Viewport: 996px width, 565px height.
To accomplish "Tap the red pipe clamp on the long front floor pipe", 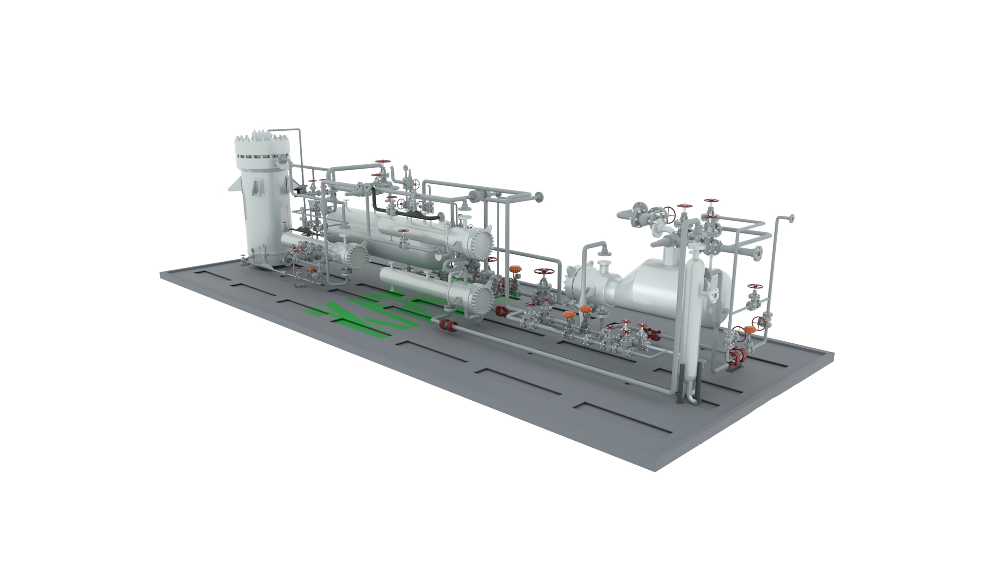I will (x=446, y=326).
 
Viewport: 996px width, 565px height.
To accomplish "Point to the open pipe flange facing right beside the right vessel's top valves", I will (x=757, y=253).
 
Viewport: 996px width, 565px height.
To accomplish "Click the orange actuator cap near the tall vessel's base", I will (x=312, y=268).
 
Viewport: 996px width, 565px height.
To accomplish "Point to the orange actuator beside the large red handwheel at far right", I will (x=749, y=329).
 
